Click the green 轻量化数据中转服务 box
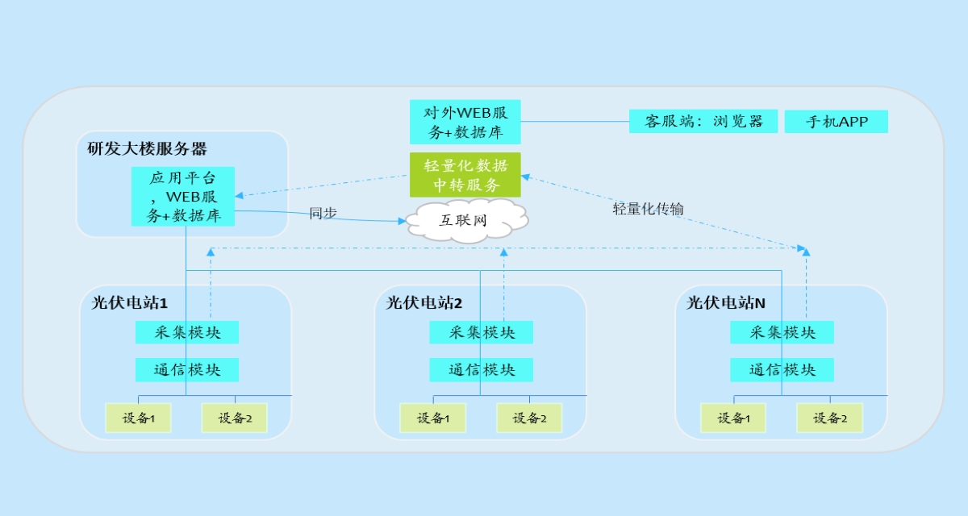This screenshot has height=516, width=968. pos(465,175)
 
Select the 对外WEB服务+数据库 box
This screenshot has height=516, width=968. pos(465,122)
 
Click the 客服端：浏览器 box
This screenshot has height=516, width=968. pos(703,122)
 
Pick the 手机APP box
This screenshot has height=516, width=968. pos(836,122)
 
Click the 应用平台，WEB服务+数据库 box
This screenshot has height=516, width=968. pos(183,197)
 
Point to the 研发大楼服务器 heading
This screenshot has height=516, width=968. pos(148,148)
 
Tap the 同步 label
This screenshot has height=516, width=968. pos(323,214)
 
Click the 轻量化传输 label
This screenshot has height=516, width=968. pos(648,209)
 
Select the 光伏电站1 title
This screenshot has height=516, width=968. pos(130,303)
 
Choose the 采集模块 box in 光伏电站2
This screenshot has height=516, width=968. pos(482,332)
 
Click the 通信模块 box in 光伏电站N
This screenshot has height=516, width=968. pos(782,370)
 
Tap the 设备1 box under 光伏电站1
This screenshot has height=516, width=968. pos(138,418)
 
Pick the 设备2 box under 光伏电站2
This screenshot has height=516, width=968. pos(529,418)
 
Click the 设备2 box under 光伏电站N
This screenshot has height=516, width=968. pos(829,418)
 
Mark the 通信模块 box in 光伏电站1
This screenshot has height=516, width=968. pos(187,370)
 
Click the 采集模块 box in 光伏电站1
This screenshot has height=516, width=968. pos(187,332)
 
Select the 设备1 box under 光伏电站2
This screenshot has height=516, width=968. pos(432,418)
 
